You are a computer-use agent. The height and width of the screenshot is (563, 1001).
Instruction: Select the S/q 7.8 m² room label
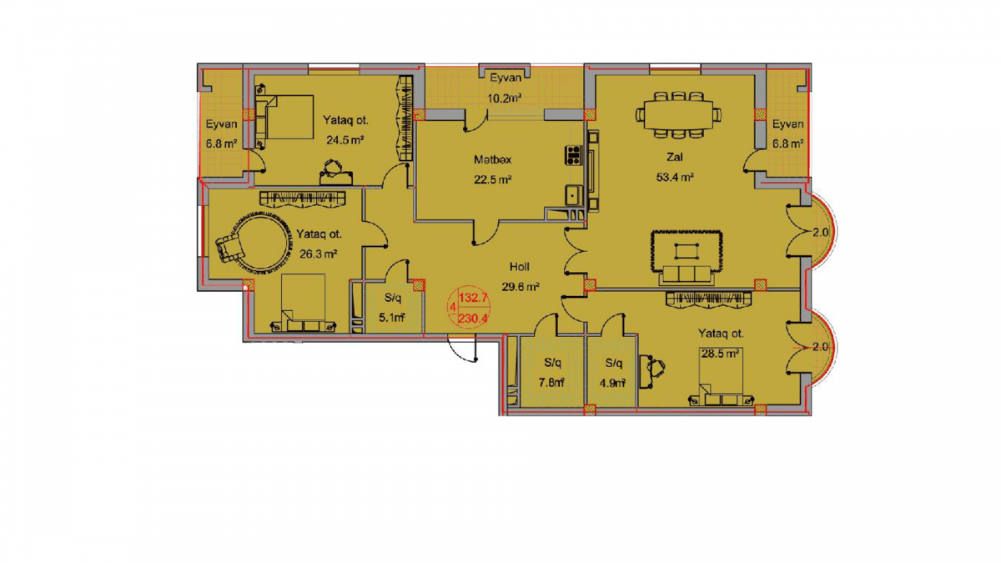pos(551,373)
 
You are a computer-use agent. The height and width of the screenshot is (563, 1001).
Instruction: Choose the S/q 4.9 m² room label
pos(614,373)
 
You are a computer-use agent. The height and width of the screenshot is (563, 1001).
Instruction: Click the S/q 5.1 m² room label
pos(391,308)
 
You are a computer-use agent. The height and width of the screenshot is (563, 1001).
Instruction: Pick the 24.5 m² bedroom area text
pos(345,139)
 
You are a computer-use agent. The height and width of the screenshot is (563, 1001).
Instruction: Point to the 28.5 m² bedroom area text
pos(721,353)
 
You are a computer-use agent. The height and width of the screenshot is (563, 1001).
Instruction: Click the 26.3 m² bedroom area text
pos(318,254)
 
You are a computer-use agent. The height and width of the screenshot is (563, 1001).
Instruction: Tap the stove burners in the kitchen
pos(575,154)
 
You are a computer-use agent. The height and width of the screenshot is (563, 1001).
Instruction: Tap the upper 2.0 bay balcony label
pos(819,233)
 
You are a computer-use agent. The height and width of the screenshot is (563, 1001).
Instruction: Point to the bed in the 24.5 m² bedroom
pos(285,117)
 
